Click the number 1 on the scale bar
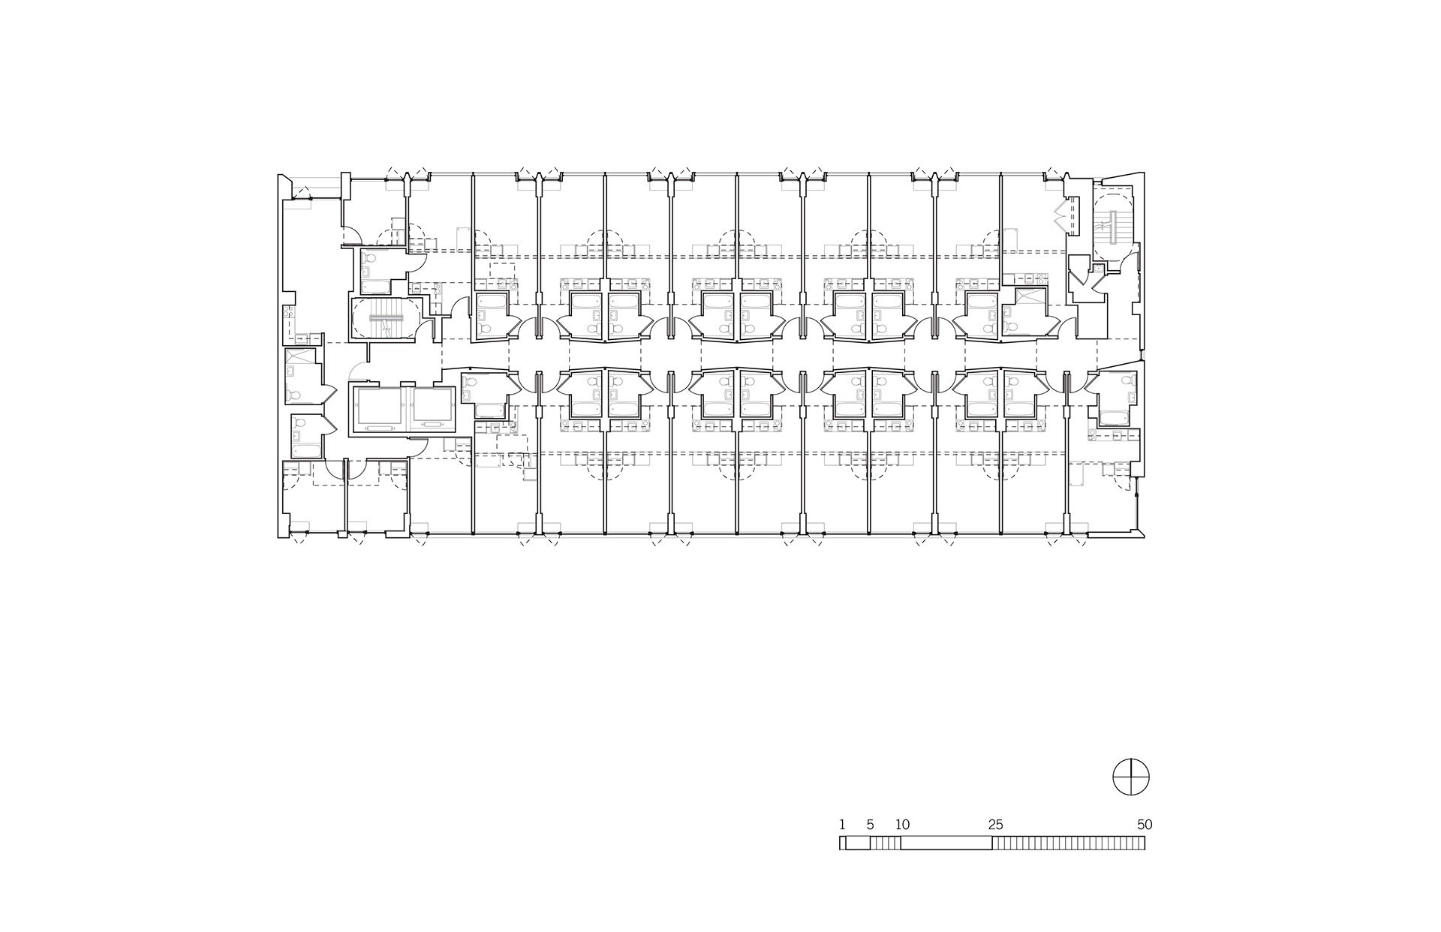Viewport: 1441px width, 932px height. pos(842,824)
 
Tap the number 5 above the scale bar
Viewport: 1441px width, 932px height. pos(871,824)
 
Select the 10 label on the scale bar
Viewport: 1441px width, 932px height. pos(901,824)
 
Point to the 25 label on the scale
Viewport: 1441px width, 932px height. pos(995,824)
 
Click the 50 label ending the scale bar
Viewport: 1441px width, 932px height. pos(1144,824)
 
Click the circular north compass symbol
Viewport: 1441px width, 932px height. pos(1131,777)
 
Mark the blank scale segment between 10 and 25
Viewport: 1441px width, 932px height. pos(946,843)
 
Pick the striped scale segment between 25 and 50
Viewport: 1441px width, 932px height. pos(1069,843)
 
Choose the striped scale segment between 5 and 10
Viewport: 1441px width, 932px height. pos(886,843)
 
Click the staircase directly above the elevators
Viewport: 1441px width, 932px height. pos(387,318)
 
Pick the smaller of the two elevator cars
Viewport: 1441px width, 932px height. pos(434,404)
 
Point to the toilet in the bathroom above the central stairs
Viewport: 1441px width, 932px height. pos(366,260)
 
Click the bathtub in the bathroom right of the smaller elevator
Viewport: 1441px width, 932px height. pos(490,410)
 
